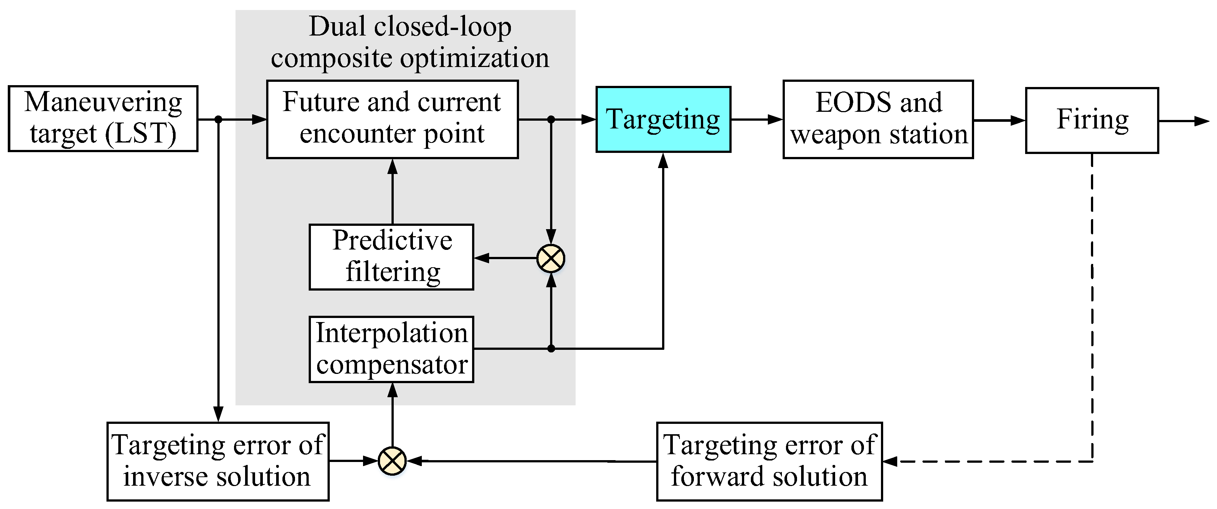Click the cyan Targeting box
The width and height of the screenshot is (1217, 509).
pyautogui.click(x=663, y=119)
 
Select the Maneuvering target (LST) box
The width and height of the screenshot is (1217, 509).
pyautogui.click(x=103, y=118)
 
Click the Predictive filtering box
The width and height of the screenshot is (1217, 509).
pyautogui.click(x=391, y=257)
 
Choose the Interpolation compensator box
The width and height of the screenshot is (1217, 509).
pyautogui.click(x=391, y=349)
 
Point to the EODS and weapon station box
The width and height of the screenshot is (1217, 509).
pyautogui.click(x=878, y=119)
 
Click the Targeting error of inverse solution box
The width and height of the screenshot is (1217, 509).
pyautogui.click(x=218, y=461)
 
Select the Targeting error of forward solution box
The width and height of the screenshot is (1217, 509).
pyautogui.click(x=769, y=461)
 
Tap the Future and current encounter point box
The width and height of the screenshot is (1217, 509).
pyautogui.click(x=392, y=119)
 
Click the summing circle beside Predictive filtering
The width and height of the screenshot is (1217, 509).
pyautogui.click(x=551, y=258)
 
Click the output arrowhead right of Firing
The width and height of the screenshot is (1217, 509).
pyautogui.click(x=1201, y=121)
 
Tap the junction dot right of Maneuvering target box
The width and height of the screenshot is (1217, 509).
pyautogui.click(x=218, y=120)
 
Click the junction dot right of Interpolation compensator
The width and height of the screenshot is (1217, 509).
pyautogui.click(x=551, y=349)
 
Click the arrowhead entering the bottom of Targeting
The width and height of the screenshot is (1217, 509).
pyautogui.click(x=663, y=161)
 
